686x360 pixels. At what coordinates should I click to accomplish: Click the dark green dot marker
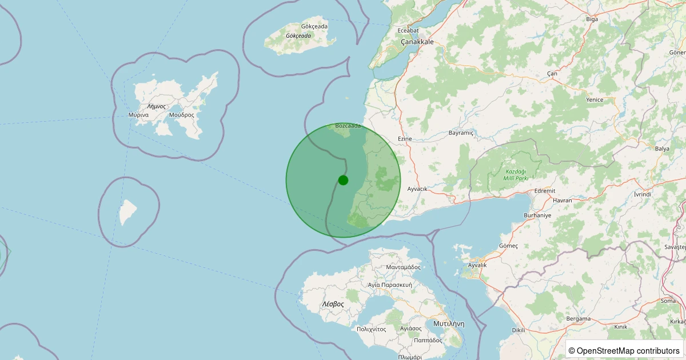[343, 180]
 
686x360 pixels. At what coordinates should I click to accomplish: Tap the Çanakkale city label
[417, 42]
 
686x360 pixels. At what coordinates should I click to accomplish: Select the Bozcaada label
[348, 126]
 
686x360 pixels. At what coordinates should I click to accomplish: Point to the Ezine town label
[404, 139]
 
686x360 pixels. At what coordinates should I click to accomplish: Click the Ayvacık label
[417, 189]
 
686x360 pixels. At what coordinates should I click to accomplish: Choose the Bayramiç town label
[461, 133]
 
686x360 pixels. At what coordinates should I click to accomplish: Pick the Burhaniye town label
[537, 215]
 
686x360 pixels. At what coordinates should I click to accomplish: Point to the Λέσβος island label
[333, 304]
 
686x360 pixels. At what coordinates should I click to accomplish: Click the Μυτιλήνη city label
[449, 323]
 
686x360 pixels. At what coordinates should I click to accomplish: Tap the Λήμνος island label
[156, 106]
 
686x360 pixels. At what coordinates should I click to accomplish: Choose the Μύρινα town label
[138, 115]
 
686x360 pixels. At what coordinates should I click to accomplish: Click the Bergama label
[578, 318]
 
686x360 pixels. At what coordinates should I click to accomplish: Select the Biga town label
[592, 19]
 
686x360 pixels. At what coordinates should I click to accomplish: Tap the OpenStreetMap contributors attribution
[624, 350]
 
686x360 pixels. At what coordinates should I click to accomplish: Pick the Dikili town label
[518, 330]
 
